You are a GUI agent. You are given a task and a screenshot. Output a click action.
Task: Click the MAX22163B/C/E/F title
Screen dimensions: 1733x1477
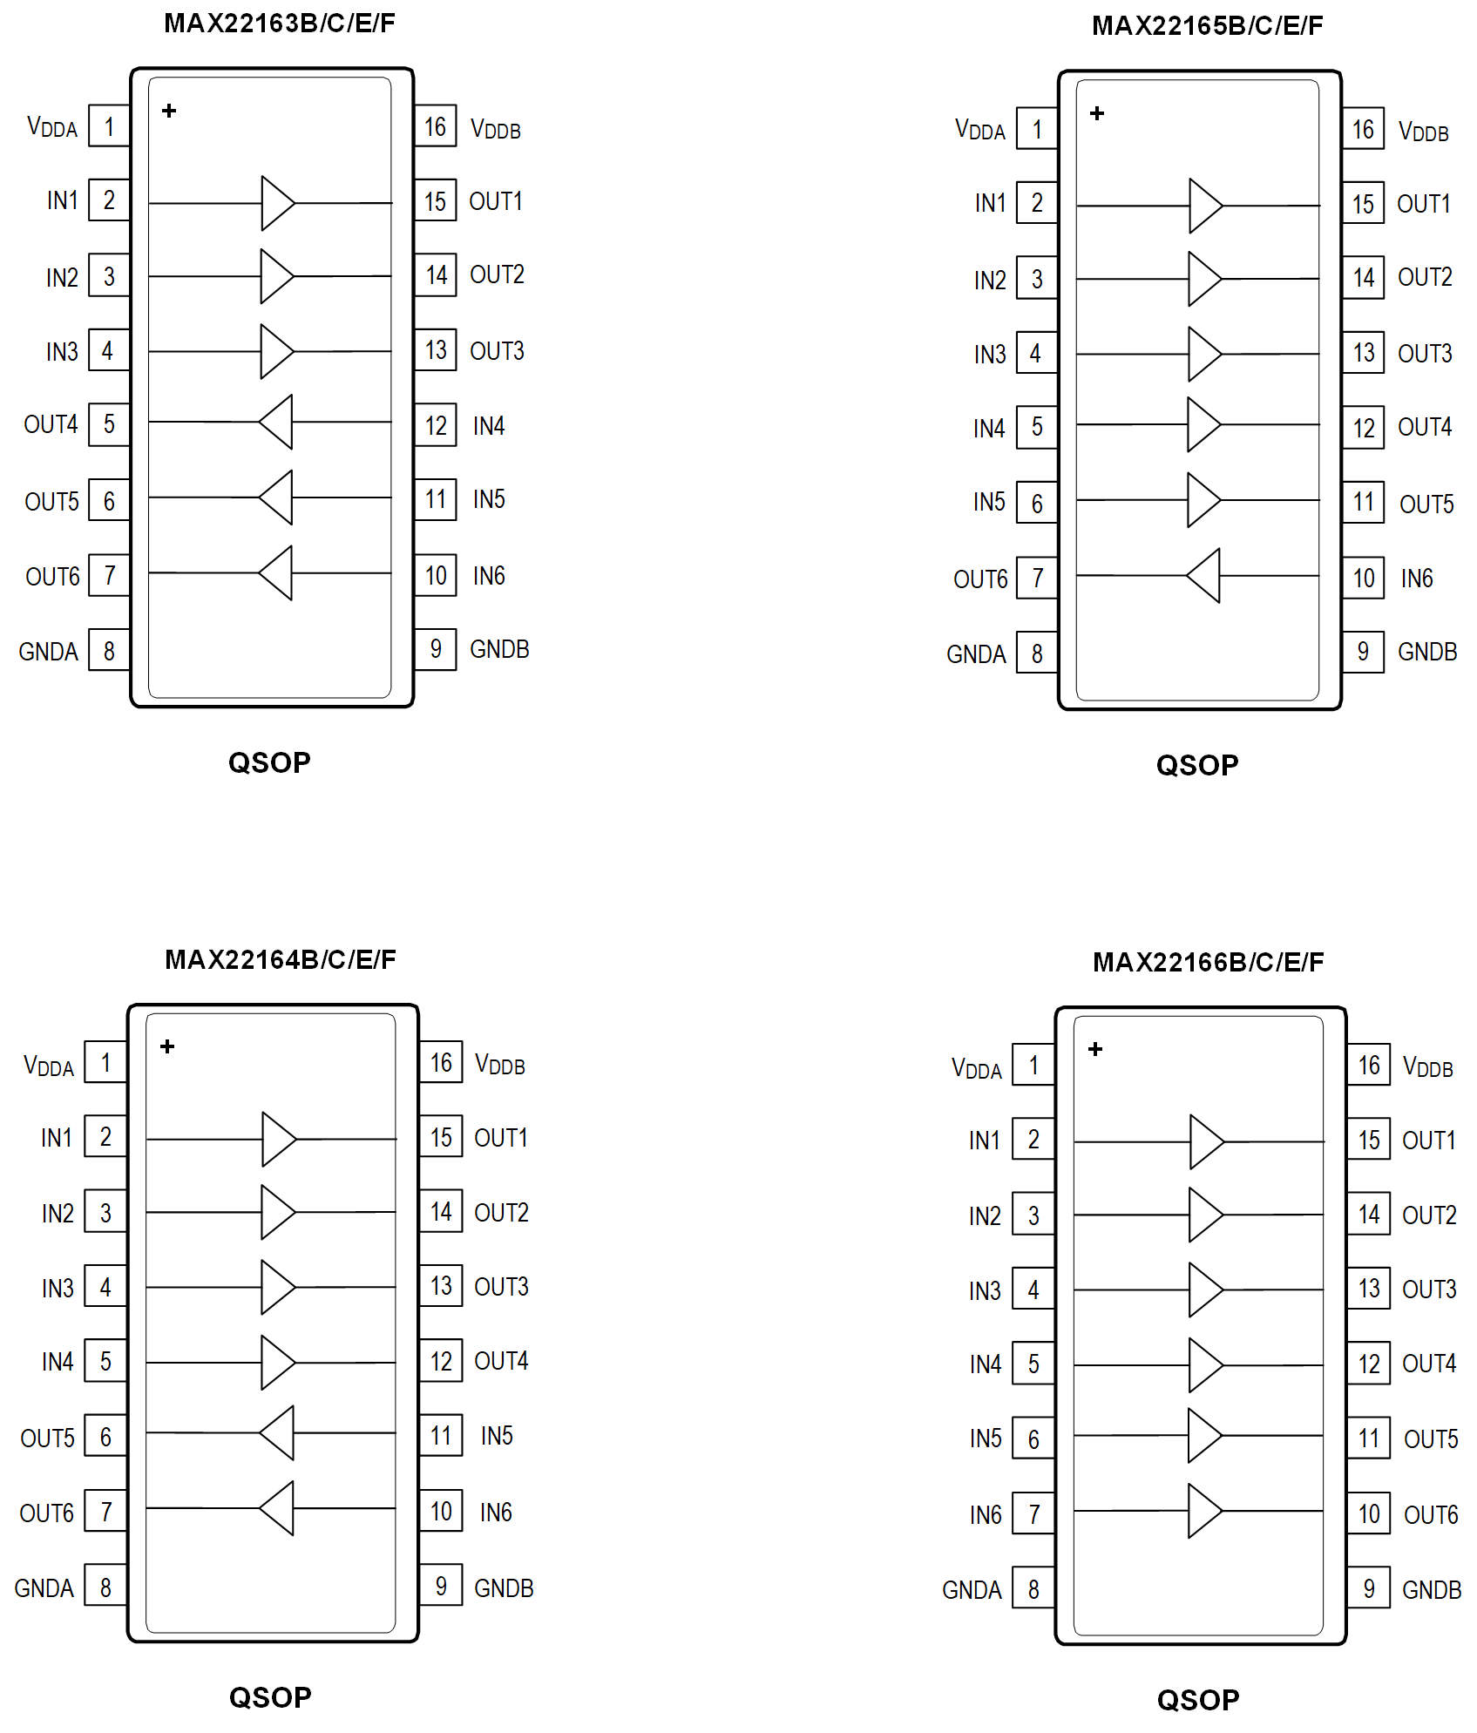pyautogui.click(x=279, y=23)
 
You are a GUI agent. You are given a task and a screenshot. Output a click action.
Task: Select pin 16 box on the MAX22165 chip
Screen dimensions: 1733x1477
pyautogui.click(x=1363, y=130)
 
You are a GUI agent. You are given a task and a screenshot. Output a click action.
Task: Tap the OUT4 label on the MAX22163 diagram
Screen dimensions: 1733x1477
pyautogui.click(x=51, y=424)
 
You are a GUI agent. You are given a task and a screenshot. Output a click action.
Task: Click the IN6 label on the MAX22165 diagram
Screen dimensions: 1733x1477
pyautogui.click(x=1416, y=578)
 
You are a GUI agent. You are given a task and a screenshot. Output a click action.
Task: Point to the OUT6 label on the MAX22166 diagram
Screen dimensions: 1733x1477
pyautogui.click(x=1430, y=1515)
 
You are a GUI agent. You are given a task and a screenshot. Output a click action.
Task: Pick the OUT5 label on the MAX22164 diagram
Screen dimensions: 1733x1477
pyautogui.click(x=47, y=1438)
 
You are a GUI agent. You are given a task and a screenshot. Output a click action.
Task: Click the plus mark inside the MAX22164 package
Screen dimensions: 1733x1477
pyautogui.click(x=167, y=1046)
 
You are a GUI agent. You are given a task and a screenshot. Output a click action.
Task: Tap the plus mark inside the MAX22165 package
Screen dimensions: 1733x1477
pyautogui.click(x=1097, y=113)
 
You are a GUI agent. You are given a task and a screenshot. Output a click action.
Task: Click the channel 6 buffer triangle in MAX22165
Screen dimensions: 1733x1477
pyautogui.click(x=1205, y=575)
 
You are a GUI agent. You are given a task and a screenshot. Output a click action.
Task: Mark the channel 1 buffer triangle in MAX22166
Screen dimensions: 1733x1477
pyautogui.click(x=1206, y=1141)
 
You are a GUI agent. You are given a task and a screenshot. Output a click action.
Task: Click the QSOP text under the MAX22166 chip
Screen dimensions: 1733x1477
pyautogui.click(x=1197, y=1700)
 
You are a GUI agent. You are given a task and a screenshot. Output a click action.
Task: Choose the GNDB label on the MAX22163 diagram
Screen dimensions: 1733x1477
pyautogui.click(x=499, y=649)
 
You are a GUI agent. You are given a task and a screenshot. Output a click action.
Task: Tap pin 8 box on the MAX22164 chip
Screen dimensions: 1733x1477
pyautogui.click(x=105, y=1587)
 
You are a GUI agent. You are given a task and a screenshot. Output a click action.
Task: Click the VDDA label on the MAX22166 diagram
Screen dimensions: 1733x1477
pyautogui.click(x=976, y=1068)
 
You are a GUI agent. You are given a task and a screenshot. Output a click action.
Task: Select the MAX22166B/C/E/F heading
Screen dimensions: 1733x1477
pyautogui.click(x=1208, y=962)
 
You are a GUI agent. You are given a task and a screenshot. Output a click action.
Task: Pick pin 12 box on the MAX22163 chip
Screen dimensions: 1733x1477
pyautogui.click(x=436, y=425)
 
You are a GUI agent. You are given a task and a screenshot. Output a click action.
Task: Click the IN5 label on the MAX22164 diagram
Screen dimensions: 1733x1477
pyautogui.click(x=497, y=1435)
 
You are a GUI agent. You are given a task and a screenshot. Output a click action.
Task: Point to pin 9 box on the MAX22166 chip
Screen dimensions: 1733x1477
pyautogui.click(x=1368, y=1588)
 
